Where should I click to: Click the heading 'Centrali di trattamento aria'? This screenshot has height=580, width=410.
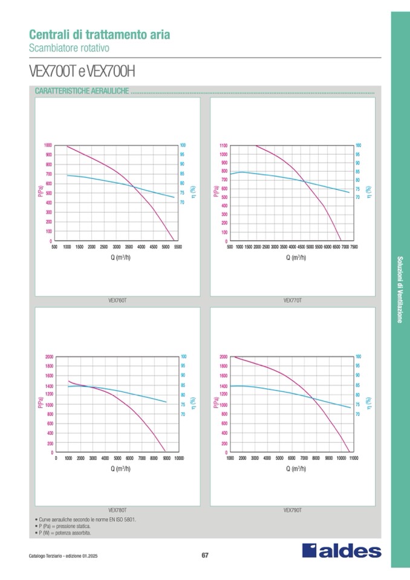point(99,34)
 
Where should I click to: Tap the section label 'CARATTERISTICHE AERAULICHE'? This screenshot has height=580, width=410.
point(81,91)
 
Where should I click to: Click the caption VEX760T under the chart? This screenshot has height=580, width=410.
point(117,300)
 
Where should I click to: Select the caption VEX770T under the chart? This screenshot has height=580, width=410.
point(293,300)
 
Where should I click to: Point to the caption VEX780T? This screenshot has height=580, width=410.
point(117,510)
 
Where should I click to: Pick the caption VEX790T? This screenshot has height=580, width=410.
point(293,510)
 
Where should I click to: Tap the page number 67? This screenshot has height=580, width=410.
point(205,556)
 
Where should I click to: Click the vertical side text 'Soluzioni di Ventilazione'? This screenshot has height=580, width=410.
point(400,290)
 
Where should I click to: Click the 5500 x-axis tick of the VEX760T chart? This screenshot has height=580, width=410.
point(178,247)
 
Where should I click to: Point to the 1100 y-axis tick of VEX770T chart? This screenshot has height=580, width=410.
point(224,146)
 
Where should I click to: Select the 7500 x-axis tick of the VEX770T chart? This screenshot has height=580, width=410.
point(354,247)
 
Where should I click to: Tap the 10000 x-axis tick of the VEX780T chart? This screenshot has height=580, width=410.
point(179,458)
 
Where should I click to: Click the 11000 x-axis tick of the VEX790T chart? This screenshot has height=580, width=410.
point(353,458)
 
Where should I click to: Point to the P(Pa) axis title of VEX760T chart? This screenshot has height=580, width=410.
point(40,193)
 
